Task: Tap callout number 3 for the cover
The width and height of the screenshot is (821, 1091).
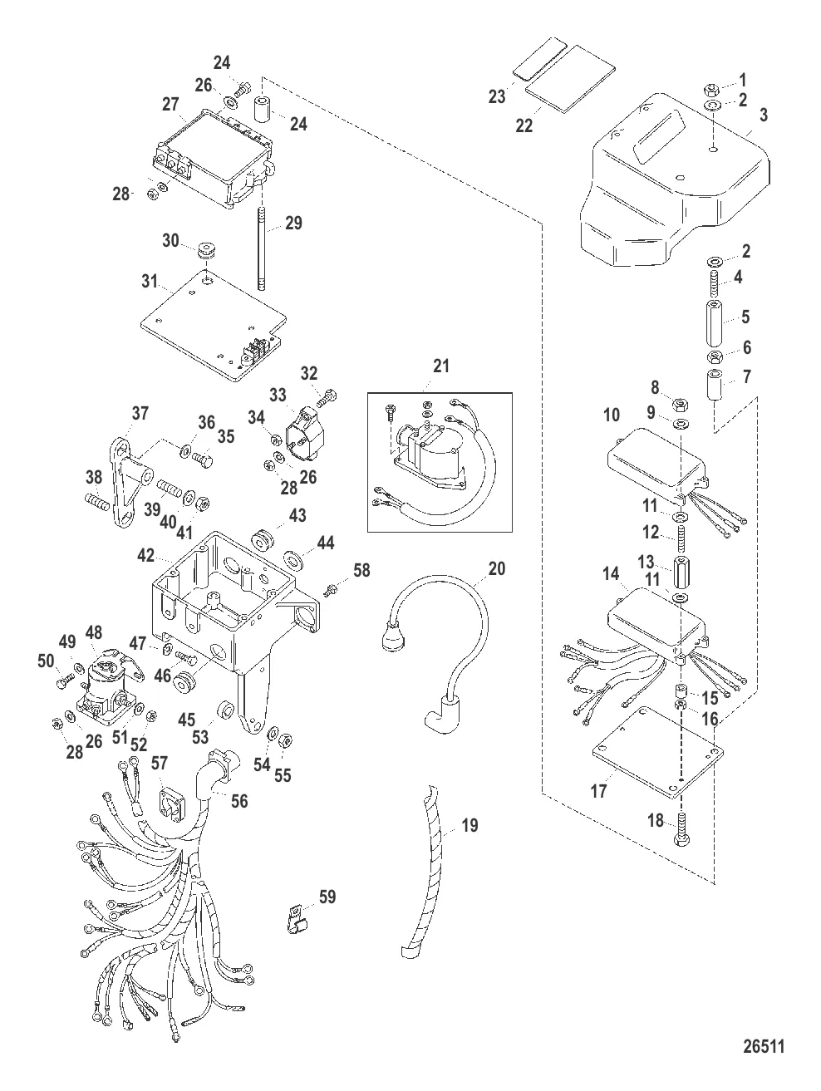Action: pos(763,115)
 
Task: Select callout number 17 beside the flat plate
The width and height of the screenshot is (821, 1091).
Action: pos(598,792)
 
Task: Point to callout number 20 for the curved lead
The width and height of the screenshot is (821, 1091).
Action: pos(497,568)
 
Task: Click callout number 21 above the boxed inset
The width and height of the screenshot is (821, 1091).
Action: pos(440,366)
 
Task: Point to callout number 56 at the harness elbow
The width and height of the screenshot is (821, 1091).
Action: pos(240,800)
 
